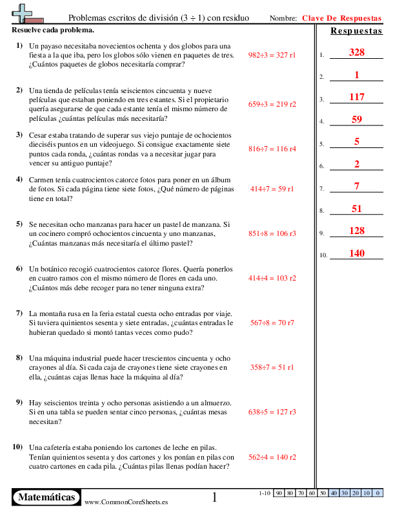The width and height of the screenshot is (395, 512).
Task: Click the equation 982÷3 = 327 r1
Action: (272, 56)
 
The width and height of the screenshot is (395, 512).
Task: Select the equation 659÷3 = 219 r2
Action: (272, 103)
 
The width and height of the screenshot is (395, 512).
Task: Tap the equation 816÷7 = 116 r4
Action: (272, 149)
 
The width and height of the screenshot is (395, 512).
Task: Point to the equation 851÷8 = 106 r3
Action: (272, 234)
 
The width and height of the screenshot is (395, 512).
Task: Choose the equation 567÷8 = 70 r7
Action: (272, 322)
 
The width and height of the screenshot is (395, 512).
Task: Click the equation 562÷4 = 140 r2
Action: (272, 457)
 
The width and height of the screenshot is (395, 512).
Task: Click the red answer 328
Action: (356, 52)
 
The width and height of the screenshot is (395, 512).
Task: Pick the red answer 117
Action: (356, 97)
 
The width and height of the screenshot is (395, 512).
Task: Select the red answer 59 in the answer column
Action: (356, 120)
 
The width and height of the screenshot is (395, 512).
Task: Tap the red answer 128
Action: (356, 231)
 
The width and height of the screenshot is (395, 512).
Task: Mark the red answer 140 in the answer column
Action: (356, 253)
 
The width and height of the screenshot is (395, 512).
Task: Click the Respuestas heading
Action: (356, 31)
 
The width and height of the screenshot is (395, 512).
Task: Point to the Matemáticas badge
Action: (46, 497)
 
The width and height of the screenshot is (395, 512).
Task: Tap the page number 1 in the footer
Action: (215, 497)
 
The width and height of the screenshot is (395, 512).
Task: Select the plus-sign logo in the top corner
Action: (24, 13)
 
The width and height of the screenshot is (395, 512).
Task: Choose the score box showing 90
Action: (279, 493)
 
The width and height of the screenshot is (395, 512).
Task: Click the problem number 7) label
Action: (19, 313)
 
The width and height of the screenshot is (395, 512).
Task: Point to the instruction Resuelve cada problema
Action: (53, 30)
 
